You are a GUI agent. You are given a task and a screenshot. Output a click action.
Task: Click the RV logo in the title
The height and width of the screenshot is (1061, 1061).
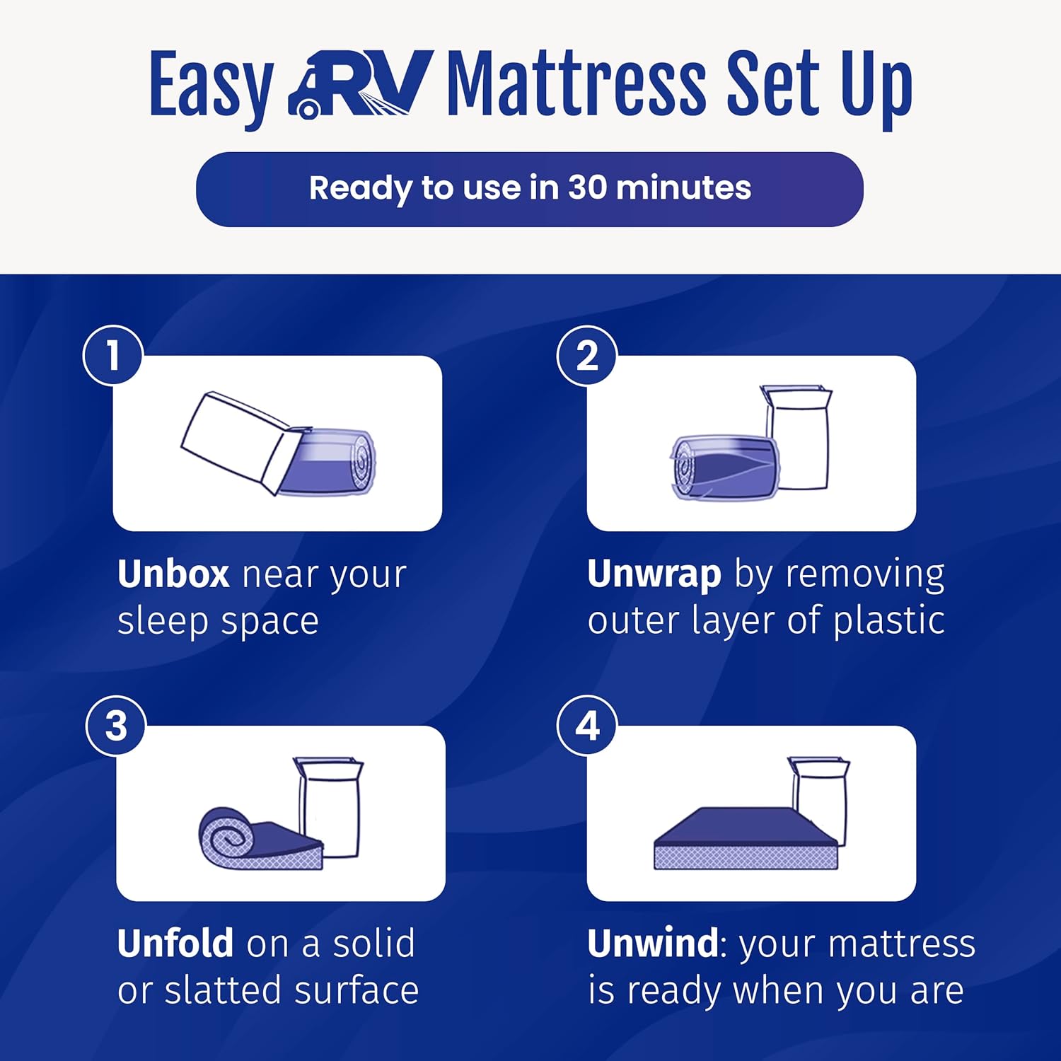(360, 83)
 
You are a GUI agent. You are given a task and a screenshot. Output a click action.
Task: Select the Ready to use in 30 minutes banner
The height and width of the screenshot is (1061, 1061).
(530, 189)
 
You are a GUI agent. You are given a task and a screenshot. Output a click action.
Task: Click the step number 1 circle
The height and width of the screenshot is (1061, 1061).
(113, 355)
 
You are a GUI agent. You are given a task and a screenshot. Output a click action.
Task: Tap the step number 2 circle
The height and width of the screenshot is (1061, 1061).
(587, 355)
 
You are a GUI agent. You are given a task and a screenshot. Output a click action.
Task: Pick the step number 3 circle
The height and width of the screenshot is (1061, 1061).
(116, 726)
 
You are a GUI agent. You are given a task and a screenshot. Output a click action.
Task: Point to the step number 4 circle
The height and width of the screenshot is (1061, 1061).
(587, 726)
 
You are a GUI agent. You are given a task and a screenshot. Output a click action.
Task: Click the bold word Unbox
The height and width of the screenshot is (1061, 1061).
(173, 574)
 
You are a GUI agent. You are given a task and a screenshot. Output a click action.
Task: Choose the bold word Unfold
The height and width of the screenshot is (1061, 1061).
(175, 944)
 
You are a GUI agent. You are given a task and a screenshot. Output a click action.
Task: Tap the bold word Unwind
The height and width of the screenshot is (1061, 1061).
(653, 944)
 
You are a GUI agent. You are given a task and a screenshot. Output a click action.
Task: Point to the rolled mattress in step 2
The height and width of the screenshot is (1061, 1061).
(724, 468)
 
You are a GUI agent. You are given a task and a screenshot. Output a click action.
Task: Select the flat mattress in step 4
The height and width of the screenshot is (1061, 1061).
(746, 838)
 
